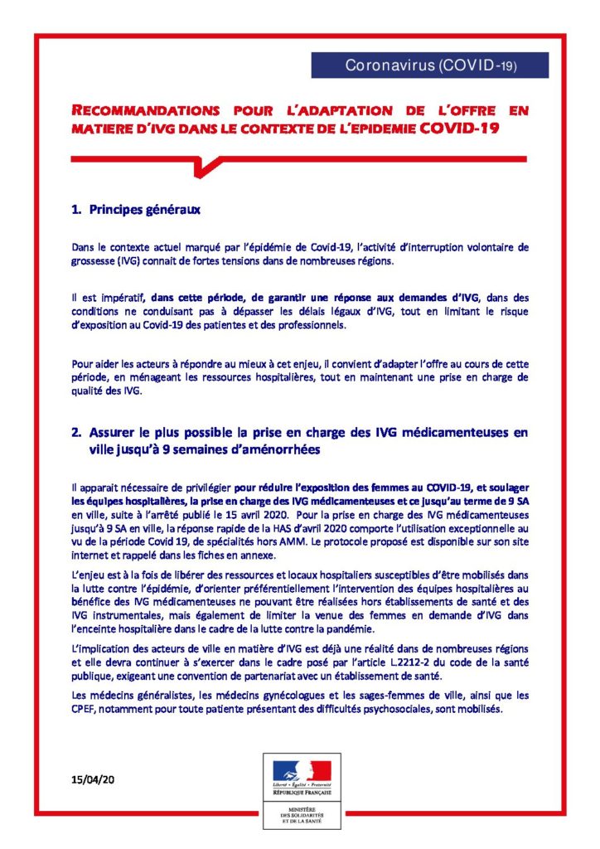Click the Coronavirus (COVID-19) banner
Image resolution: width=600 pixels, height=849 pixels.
[x=429, y=65]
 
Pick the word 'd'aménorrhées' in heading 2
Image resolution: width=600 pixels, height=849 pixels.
[x=285, y=449]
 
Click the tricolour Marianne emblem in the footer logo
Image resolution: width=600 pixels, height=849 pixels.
[x=301, y=770]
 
